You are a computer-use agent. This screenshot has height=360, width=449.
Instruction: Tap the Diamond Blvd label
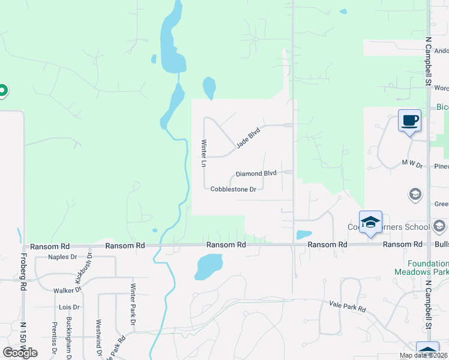(x=256, y=173)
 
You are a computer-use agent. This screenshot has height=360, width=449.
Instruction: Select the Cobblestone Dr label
(x=234, y=189)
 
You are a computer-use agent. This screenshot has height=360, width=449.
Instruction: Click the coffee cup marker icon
(x=410, y=121)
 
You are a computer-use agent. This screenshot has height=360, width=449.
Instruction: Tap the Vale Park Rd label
(x=348, y=307)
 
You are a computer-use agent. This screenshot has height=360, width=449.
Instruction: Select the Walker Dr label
(x=67, y=290)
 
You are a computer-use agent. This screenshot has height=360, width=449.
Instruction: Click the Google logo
(x=20, y=353)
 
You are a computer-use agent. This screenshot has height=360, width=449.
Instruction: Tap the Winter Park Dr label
(x=133, y=300)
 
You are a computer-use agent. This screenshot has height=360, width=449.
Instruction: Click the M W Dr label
(x=412, y=163)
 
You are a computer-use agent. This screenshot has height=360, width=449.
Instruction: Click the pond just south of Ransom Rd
(x=208, y=265)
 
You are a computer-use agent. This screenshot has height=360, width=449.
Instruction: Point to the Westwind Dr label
(x=98, y=336)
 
